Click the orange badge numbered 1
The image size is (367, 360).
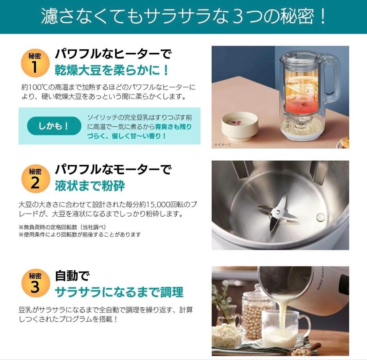click(35, 63)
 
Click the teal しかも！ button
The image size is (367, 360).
click(54, 126)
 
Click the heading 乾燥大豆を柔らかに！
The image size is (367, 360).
click(112, 70)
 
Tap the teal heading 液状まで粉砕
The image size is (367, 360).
click(90, 186)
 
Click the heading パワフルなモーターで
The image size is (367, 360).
click(113, 169)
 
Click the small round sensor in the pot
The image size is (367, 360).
click(320, 217)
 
